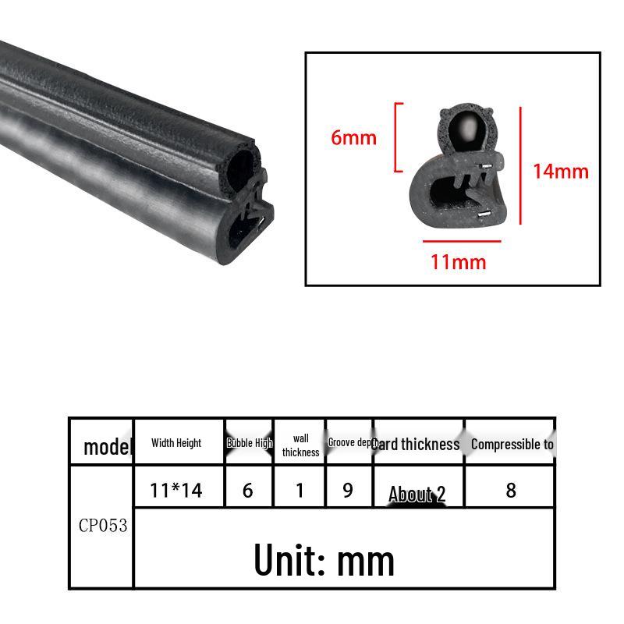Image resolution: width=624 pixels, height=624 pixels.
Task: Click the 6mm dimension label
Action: coord(353,138)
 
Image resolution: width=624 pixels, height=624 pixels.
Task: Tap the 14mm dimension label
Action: coord(560,170)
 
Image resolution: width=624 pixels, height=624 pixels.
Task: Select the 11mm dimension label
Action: coord(458,261)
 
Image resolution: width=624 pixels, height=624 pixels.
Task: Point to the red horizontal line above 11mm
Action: coord(462,241)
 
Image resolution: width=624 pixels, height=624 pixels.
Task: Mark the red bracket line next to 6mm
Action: coord(398,137)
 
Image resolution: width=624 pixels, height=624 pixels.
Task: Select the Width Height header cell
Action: coord(176,443)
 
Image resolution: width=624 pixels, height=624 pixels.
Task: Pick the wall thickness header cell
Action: coord(300,445)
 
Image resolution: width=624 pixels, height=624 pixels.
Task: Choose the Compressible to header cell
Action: coord(512,444)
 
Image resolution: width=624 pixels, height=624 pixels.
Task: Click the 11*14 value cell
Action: coord(176,490)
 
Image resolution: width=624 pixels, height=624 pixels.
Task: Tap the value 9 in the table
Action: coord(348,490)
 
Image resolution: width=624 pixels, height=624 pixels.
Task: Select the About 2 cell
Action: coord(417,494)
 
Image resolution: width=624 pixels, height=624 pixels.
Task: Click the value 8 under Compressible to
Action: coord(511,490)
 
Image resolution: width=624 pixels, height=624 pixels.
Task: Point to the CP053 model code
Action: coord(102,525)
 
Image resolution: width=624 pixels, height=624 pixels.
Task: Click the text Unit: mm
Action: coord(324,559)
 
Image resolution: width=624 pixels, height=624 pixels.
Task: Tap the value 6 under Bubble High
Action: coord(248,490)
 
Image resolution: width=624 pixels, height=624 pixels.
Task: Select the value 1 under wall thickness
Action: coord(300,490)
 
